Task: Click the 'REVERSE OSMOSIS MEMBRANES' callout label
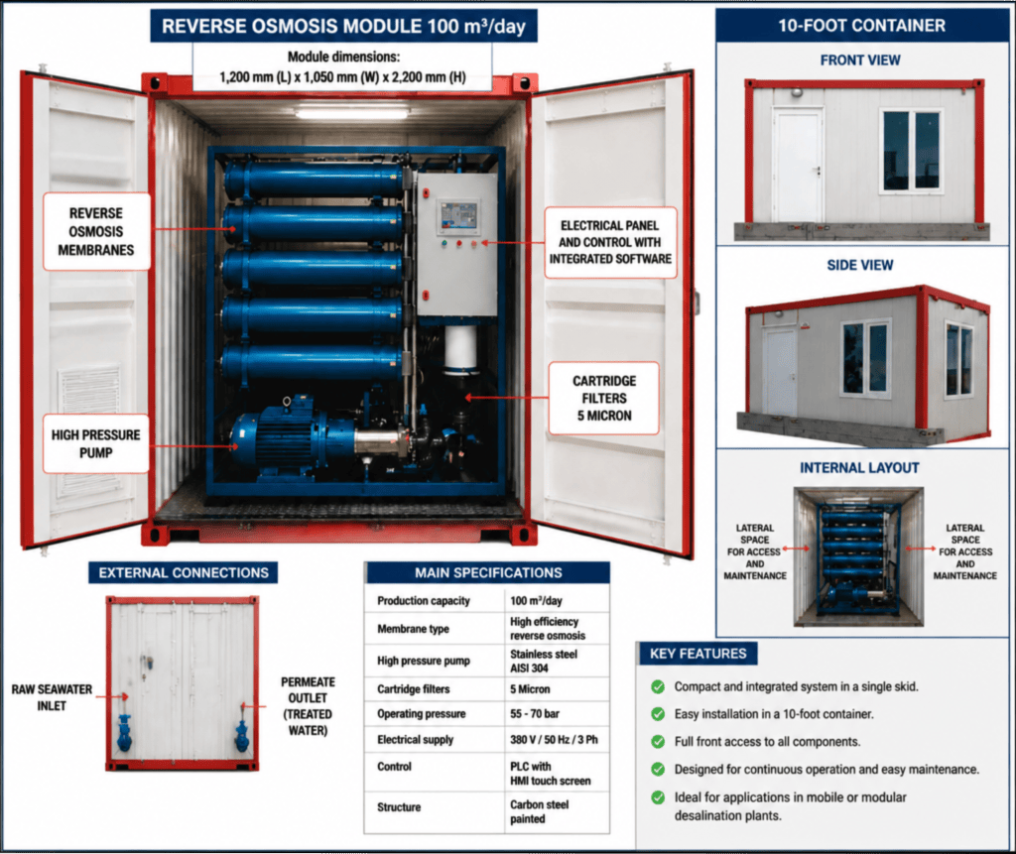(x=96, y=231)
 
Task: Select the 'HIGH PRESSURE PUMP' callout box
(x=96, y=443)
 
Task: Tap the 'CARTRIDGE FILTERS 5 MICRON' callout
(x=604, y=398)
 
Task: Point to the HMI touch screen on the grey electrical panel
(x=458, y=216)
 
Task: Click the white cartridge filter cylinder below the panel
(x=460, y=350)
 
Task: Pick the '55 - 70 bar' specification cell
(x=535, y=713)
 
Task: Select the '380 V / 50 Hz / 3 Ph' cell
(x=554, y=739)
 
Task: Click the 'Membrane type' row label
(x=413, y=629)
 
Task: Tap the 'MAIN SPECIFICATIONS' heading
(x=488, y=572)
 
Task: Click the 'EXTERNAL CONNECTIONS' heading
(x=184, y=572)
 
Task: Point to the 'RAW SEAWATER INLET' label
(x=52, y=697)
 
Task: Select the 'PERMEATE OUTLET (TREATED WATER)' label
(x=308, y=706)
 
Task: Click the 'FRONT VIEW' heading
(x=860, y=61)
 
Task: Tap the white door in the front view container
(x=797, y=166)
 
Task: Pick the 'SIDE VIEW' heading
(x=860, y=265)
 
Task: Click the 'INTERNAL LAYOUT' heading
(x=859, y=468)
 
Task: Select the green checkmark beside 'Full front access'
(x=658, y=742)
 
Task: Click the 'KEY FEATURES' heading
(x=698, y=654)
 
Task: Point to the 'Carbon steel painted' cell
(x=539, y=812)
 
